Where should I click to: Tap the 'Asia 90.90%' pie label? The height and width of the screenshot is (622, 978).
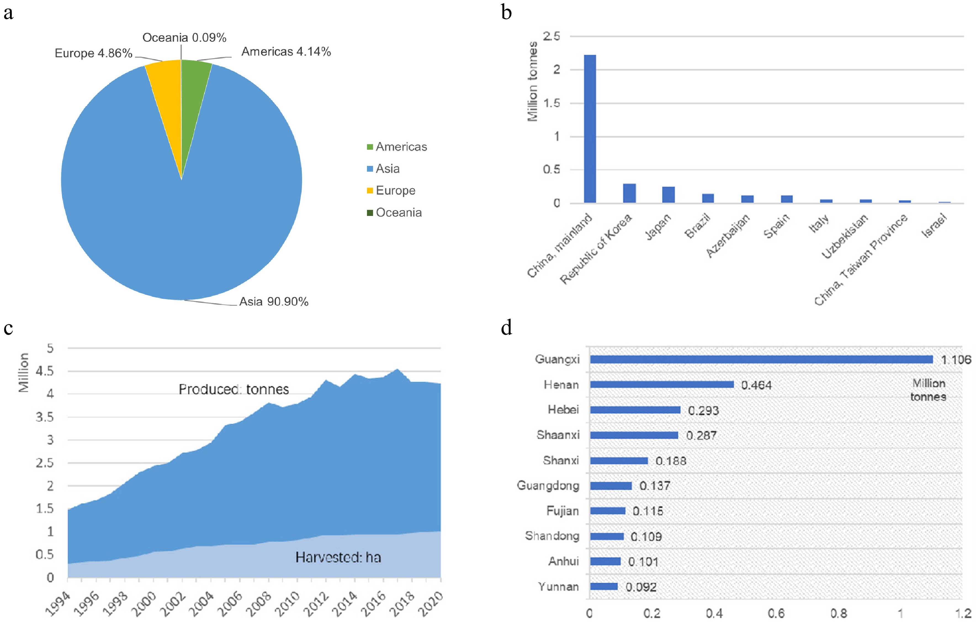point(273,301)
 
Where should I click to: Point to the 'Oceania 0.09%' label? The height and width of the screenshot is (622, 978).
point(184,38)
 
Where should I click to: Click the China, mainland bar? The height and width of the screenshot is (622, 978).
point(590,130)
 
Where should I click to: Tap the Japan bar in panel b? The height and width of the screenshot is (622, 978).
point(668,195)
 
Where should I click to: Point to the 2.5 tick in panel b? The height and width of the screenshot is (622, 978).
point(551,36)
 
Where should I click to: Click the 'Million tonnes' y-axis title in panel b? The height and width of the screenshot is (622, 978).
point(532,81)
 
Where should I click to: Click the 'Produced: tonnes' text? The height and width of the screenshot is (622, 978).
point(234,389)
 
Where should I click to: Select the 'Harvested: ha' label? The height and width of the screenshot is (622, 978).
point(338,557)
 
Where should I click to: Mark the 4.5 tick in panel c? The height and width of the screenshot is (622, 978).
point(45,371)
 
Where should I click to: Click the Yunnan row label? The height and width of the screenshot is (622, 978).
point(558,586)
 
